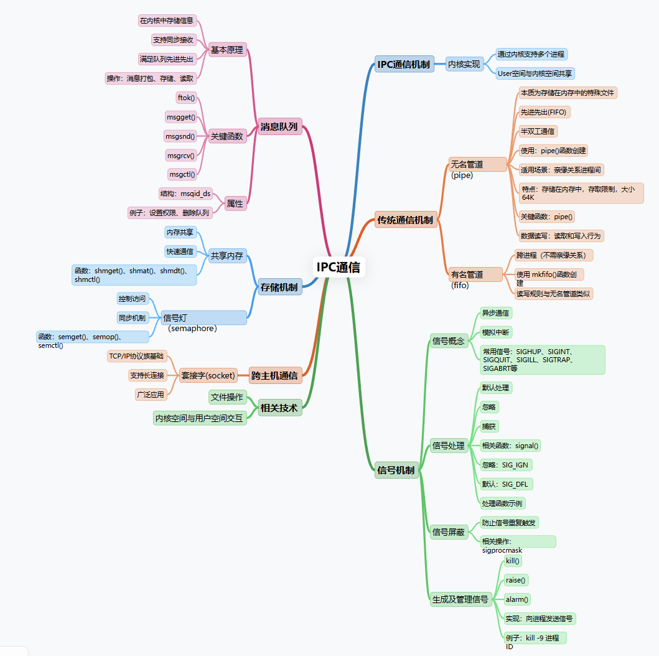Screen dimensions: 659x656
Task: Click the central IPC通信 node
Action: pos(338,268)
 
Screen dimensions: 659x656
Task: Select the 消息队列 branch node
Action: pos(279,127)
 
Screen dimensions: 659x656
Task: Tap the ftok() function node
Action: pos(186,98)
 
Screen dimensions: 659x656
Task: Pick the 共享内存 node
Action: pos(227,256)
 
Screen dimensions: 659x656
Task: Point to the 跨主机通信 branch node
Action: pos(275,375)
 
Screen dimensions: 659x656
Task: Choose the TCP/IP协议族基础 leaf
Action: pos(136,356)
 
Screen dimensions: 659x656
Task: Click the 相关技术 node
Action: pos(279,408)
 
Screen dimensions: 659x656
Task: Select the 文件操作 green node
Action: pos(227,397)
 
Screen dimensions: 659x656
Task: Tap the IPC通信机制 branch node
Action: pos(404,64)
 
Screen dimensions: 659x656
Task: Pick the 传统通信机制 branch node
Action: pos(405,220)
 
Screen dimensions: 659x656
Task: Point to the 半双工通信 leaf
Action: pos(538,131)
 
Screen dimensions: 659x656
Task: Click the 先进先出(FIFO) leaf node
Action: pos(544,112)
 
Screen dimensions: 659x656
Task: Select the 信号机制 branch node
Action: pos(396,470)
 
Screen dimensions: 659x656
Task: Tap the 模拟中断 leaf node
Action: pos(496,332)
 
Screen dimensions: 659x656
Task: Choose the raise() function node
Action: pos(516,580)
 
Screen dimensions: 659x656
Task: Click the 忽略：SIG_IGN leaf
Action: pos(506,465)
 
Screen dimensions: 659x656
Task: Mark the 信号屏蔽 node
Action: pos(449,532)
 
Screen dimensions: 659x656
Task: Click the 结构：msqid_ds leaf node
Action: pos(185,194)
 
